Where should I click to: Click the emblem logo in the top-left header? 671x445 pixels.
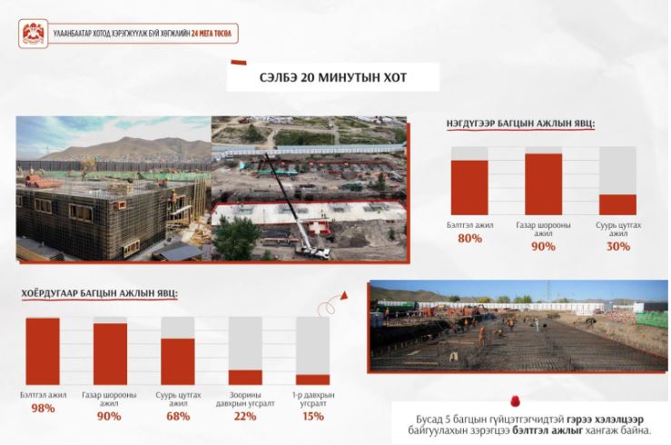[x=34, y=35]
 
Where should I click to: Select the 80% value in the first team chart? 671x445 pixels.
[x=469, y=239]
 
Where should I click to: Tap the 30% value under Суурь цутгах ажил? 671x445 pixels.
[x=618, y=246]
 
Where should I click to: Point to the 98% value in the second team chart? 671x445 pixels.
[x=42, y=408]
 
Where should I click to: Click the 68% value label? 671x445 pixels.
[x=178, y=416]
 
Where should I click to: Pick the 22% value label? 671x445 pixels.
[x=245, y=416]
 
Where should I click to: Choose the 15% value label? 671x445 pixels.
[x=312, y=416]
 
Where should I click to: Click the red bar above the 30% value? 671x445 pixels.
[x=617, y=204]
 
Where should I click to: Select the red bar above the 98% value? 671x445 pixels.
[x=42, y=351]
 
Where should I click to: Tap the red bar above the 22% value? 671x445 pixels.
[x=245, y=377]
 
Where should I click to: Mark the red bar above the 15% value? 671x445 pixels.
[x=312, y=380]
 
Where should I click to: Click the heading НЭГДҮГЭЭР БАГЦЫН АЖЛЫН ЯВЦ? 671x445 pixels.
[x=519, y=123]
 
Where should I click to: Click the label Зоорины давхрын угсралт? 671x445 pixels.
[x=245, y=398]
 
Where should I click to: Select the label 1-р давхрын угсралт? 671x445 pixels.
[x=312, y=398]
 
